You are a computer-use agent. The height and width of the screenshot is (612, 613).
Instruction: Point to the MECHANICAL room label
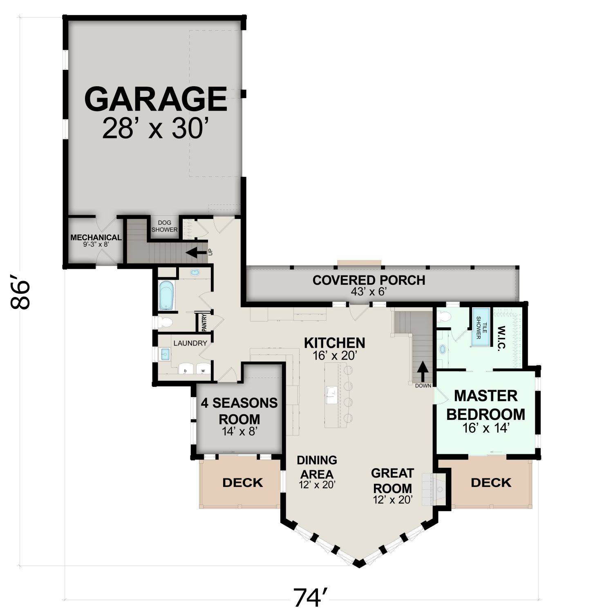tap(96, 237)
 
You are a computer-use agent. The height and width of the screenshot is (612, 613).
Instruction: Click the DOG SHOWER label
tap(165, 226)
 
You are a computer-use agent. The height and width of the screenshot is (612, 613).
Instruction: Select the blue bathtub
tap(166, 295)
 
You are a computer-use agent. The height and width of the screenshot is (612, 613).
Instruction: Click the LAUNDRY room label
tap(190, 343)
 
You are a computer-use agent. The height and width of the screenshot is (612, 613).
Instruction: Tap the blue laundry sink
tap(165, 354)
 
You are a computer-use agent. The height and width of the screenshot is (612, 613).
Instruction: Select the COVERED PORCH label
tap(369, 280)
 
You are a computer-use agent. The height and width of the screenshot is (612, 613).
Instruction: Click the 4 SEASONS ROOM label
tap(239, 411)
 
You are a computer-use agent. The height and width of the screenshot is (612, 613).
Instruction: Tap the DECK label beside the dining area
tap(243, 482)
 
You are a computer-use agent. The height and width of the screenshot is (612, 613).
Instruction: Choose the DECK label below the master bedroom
tap(491, 482)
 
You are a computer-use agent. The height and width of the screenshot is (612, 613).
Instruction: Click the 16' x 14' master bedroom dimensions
tap(486, 428)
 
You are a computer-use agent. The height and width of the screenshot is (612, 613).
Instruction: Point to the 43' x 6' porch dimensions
tap(369, 292)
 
